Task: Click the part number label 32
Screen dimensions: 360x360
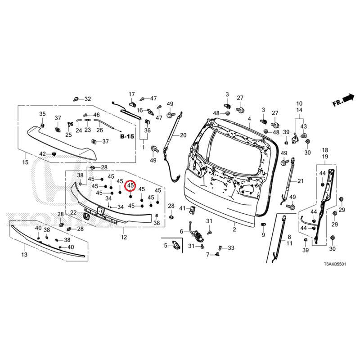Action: click(88, 99)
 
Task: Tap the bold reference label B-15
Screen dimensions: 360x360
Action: click(127, 135)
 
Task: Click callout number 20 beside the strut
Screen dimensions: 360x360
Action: click(183, 135)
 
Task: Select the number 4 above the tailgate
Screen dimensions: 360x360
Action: click(249, 119)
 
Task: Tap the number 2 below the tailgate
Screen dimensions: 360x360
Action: click(234, 229)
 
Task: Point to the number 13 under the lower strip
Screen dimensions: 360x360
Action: click(24, 255)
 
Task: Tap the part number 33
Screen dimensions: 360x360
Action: click(231, 248)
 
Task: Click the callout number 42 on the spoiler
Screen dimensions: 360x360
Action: click(42, 154)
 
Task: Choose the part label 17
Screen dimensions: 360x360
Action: click(132, 94)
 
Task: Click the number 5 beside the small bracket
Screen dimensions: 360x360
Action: click(166, 245)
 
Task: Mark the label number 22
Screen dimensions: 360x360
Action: click(73, 212)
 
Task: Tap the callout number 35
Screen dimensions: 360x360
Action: click(42, 113)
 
